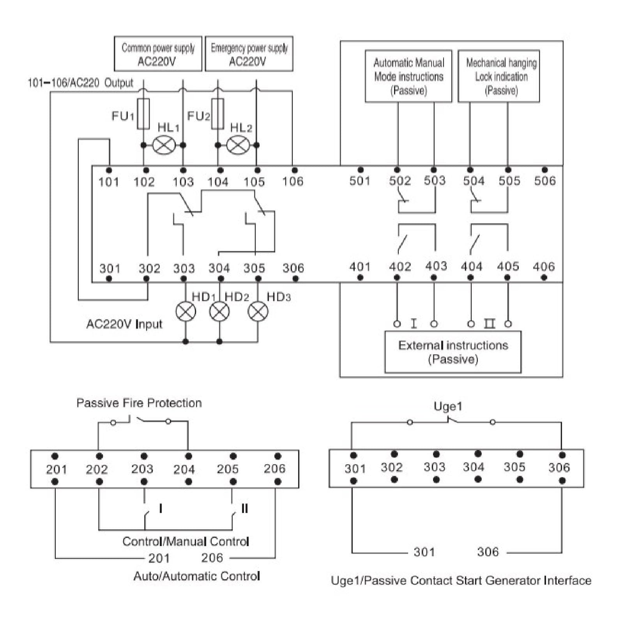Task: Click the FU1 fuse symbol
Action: click(143, 114)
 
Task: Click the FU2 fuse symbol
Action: click(217, 114)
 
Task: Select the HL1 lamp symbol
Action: click(163, 145)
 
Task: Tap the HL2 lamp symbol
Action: click(238, 145)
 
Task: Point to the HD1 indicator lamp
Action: click(186, 312)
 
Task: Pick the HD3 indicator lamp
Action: click(258, 312)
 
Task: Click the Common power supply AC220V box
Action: click(158, 54)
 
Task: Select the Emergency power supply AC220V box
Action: click(249, 54)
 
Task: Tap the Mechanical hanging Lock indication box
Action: click(499, 76)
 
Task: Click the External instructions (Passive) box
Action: click(453, 352)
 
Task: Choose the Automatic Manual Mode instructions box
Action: click(408, 76)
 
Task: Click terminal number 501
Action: click(360, 180)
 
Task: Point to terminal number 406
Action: click(544, 267)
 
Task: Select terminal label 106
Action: click(293, 181)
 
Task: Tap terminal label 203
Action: click(142, 468)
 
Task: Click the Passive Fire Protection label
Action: click(139, 403)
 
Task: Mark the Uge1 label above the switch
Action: click(448, 407)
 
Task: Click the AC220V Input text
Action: click(124, 324)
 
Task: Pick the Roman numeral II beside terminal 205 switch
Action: click(245, 508)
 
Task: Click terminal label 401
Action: click(360, 267)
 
